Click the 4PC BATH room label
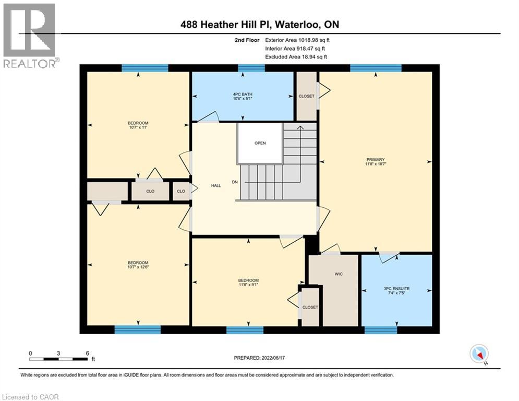tap(243, 95)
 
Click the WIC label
tap(338, 274)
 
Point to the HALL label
tap(216, 185)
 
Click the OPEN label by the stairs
tap(260, 143)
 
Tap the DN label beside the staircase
tap(235, 182)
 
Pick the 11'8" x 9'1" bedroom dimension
tap(248, 285)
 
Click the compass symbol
tap(478, 353)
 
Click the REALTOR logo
tap(30, 35)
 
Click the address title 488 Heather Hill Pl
tap(259, 24)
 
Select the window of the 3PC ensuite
tap(380, 329)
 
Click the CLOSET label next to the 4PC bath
tap(306, 97)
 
